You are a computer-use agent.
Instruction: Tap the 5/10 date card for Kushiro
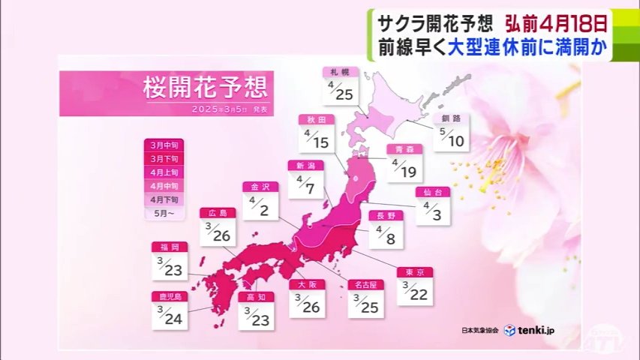tap(450, 132)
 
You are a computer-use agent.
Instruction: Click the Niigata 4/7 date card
tap(306, 179)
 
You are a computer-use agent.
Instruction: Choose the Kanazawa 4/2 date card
tap(260, 200)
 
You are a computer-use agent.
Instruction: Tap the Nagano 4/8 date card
tap(386, 229)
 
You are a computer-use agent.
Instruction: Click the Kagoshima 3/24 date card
tap(169, 310)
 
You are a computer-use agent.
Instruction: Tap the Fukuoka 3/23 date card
tap(169, 260)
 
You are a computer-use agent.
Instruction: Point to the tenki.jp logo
tap(530, 330)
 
